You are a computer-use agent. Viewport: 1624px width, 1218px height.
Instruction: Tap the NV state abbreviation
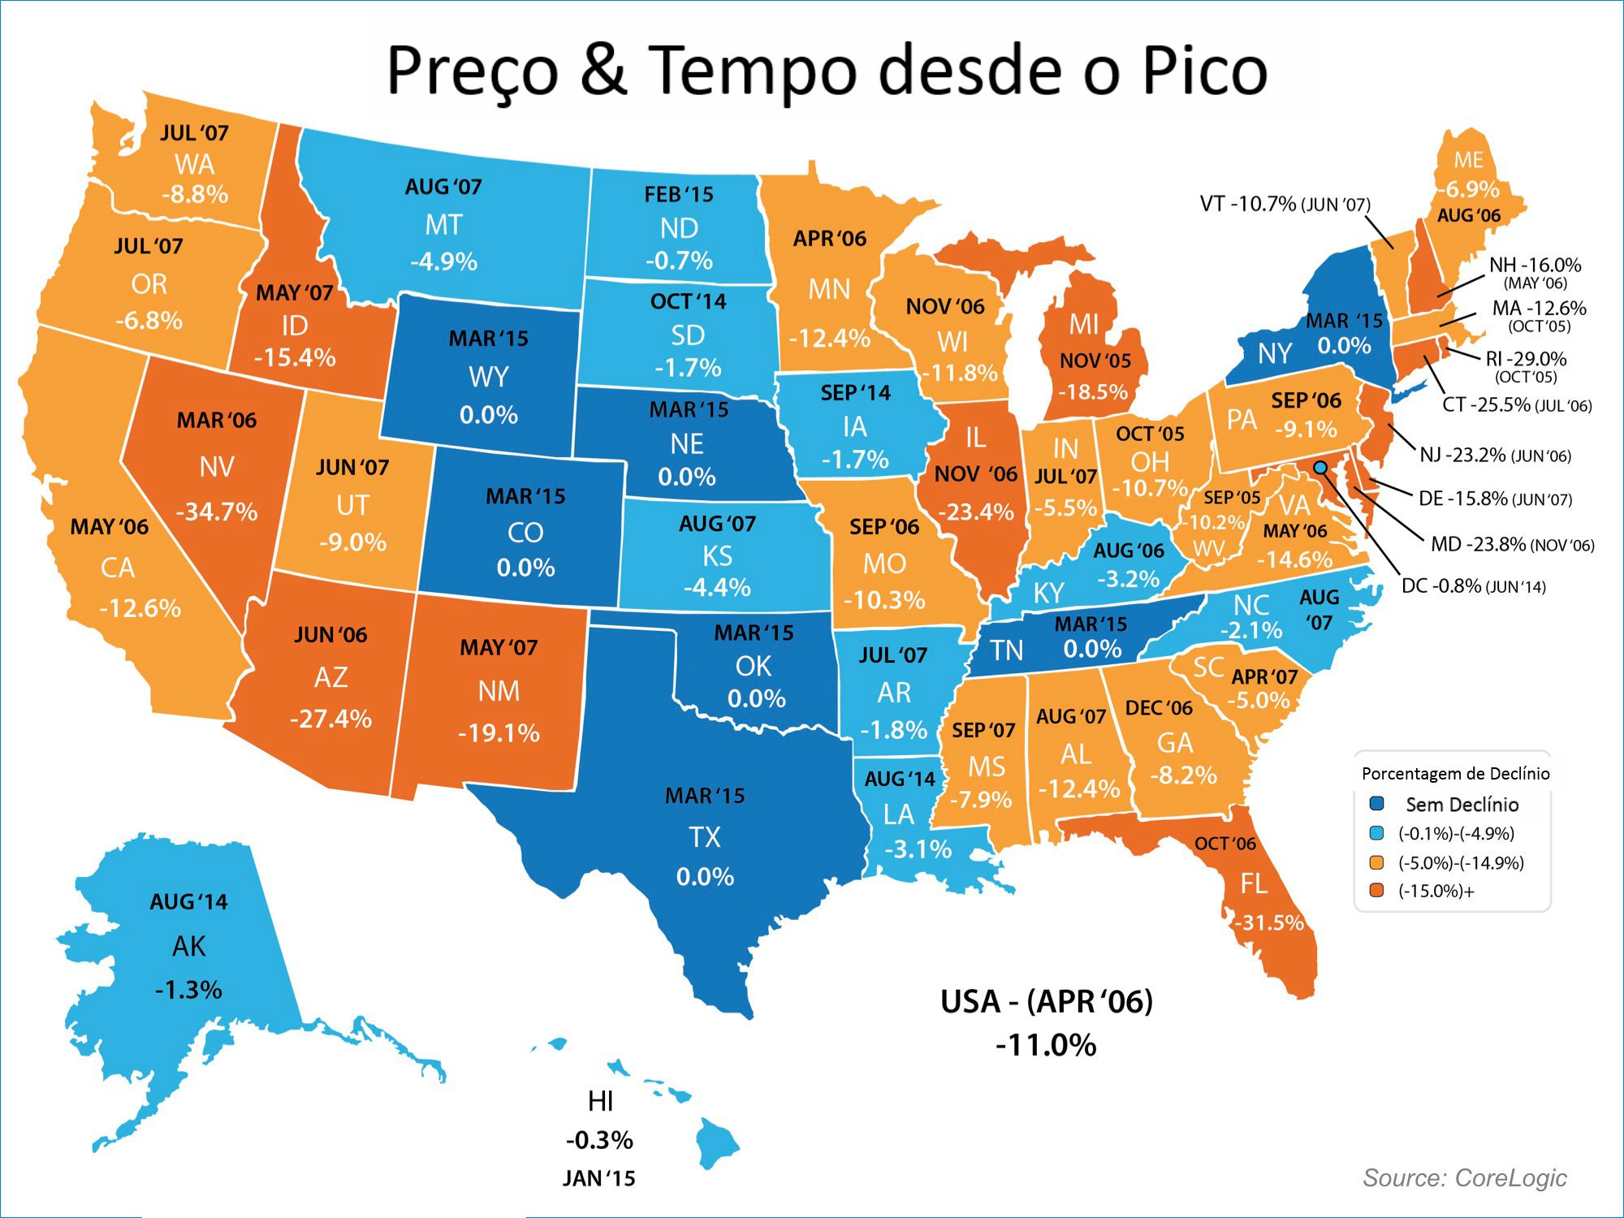[217, 467]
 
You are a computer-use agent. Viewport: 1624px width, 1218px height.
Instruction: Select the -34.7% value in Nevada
[217, 512]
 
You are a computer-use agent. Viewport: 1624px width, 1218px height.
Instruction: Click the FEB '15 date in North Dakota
[678, 195]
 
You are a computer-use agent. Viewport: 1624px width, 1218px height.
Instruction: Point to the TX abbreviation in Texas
[704, 837]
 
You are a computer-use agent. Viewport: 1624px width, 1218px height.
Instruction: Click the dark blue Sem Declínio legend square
[1376, 804]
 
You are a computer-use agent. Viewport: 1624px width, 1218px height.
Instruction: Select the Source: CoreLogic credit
[1464, 1177]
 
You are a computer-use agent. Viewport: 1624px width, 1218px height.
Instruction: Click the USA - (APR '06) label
[1046, 1002]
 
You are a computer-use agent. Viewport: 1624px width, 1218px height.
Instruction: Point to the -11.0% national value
[1046, 1045]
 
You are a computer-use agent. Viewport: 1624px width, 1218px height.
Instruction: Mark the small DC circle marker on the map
[1320, 468]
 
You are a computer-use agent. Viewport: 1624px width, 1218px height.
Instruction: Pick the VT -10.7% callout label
[1248, 204]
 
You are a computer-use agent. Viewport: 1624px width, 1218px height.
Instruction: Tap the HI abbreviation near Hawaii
[600, 1101]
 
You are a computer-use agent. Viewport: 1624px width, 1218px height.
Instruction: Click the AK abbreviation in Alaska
[188, 947]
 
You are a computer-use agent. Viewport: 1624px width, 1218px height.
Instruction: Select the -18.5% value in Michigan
[1094, 392]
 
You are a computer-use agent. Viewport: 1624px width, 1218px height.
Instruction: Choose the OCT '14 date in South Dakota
[688, 302]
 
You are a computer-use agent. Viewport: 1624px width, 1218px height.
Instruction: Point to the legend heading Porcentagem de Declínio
[1455, 773]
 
